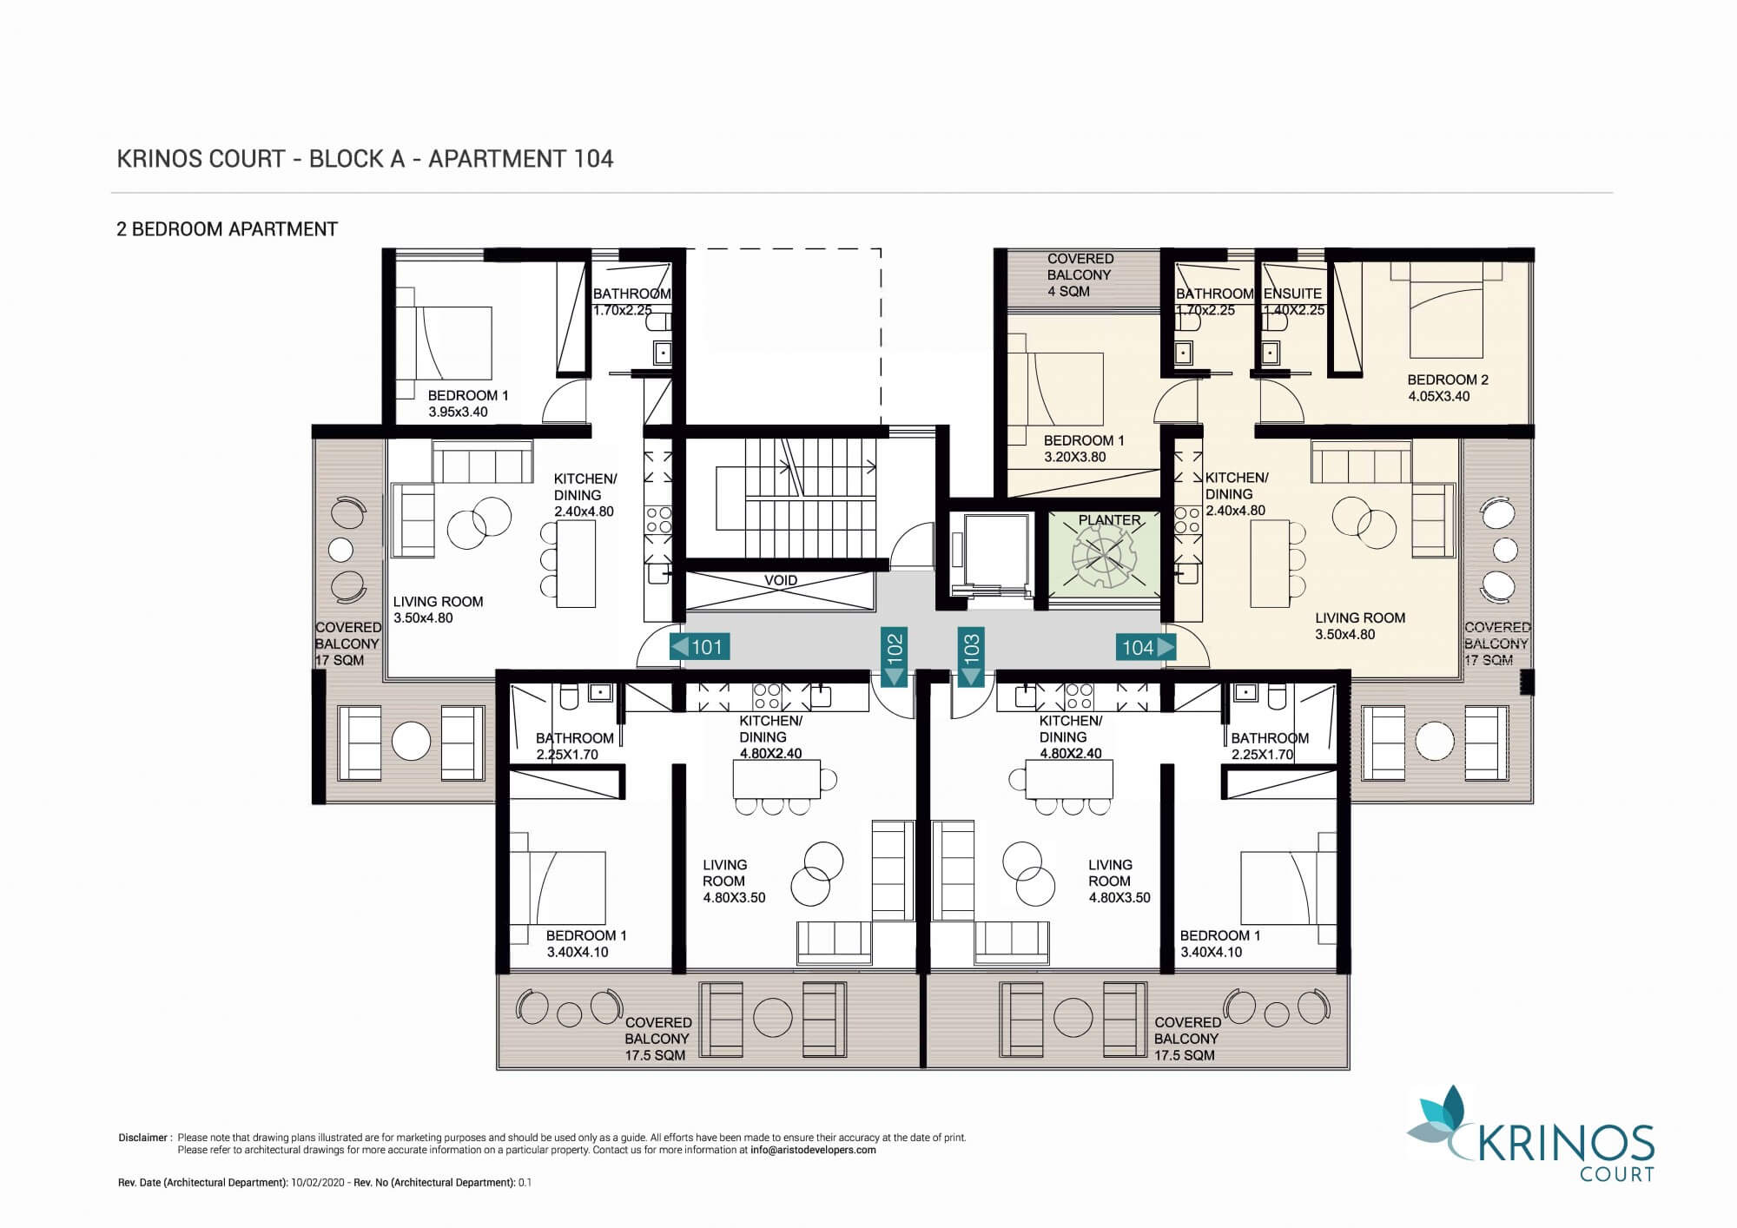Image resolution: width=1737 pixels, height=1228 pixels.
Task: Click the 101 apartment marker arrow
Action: pos(700,647)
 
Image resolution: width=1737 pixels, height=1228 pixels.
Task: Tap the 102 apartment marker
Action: pos(894,656)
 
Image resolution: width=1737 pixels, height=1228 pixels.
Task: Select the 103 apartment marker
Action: pos(971,656)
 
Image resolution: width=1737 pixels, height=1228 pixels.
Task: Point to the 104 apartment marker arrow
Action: pos(1146,647)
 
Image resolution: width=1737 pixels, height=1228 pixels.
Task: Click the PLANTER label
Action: pos(1109,520)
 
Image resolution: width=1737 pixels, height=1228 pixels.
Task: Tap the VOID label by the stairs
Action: pos(781,580)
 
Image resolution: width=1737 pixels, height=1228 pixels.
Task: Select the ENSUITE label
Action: pos(1292,294)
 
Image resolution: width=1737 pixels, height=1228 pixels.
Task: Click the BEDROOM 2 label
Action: pos(1448,380)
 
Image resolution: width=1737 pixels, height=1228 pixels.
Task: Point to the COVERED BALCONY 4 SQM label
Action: pos(1079,274)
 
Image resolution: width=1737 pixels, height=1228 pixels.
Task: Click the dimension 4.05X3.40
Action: pos(1439,396)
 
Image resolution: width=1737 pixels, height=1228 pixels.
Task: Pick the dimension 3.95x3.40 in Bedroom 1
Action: pos(458,412)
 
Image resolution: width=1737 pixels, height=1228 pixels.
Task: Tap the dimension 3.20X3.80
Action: pos(1075,457)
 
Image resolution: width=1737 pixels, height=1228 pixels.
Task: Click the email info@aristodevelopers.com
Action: pos(813,1150)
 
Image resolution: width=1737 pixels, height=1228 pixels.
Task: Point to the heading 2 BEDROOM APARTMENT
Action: pos(227,229)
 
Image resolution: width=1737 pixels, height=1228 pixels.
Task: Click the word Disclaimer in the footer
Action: pos(143,1138)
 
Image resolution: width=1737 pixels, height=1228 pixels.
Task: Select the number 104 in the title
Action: pos(593,159)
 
